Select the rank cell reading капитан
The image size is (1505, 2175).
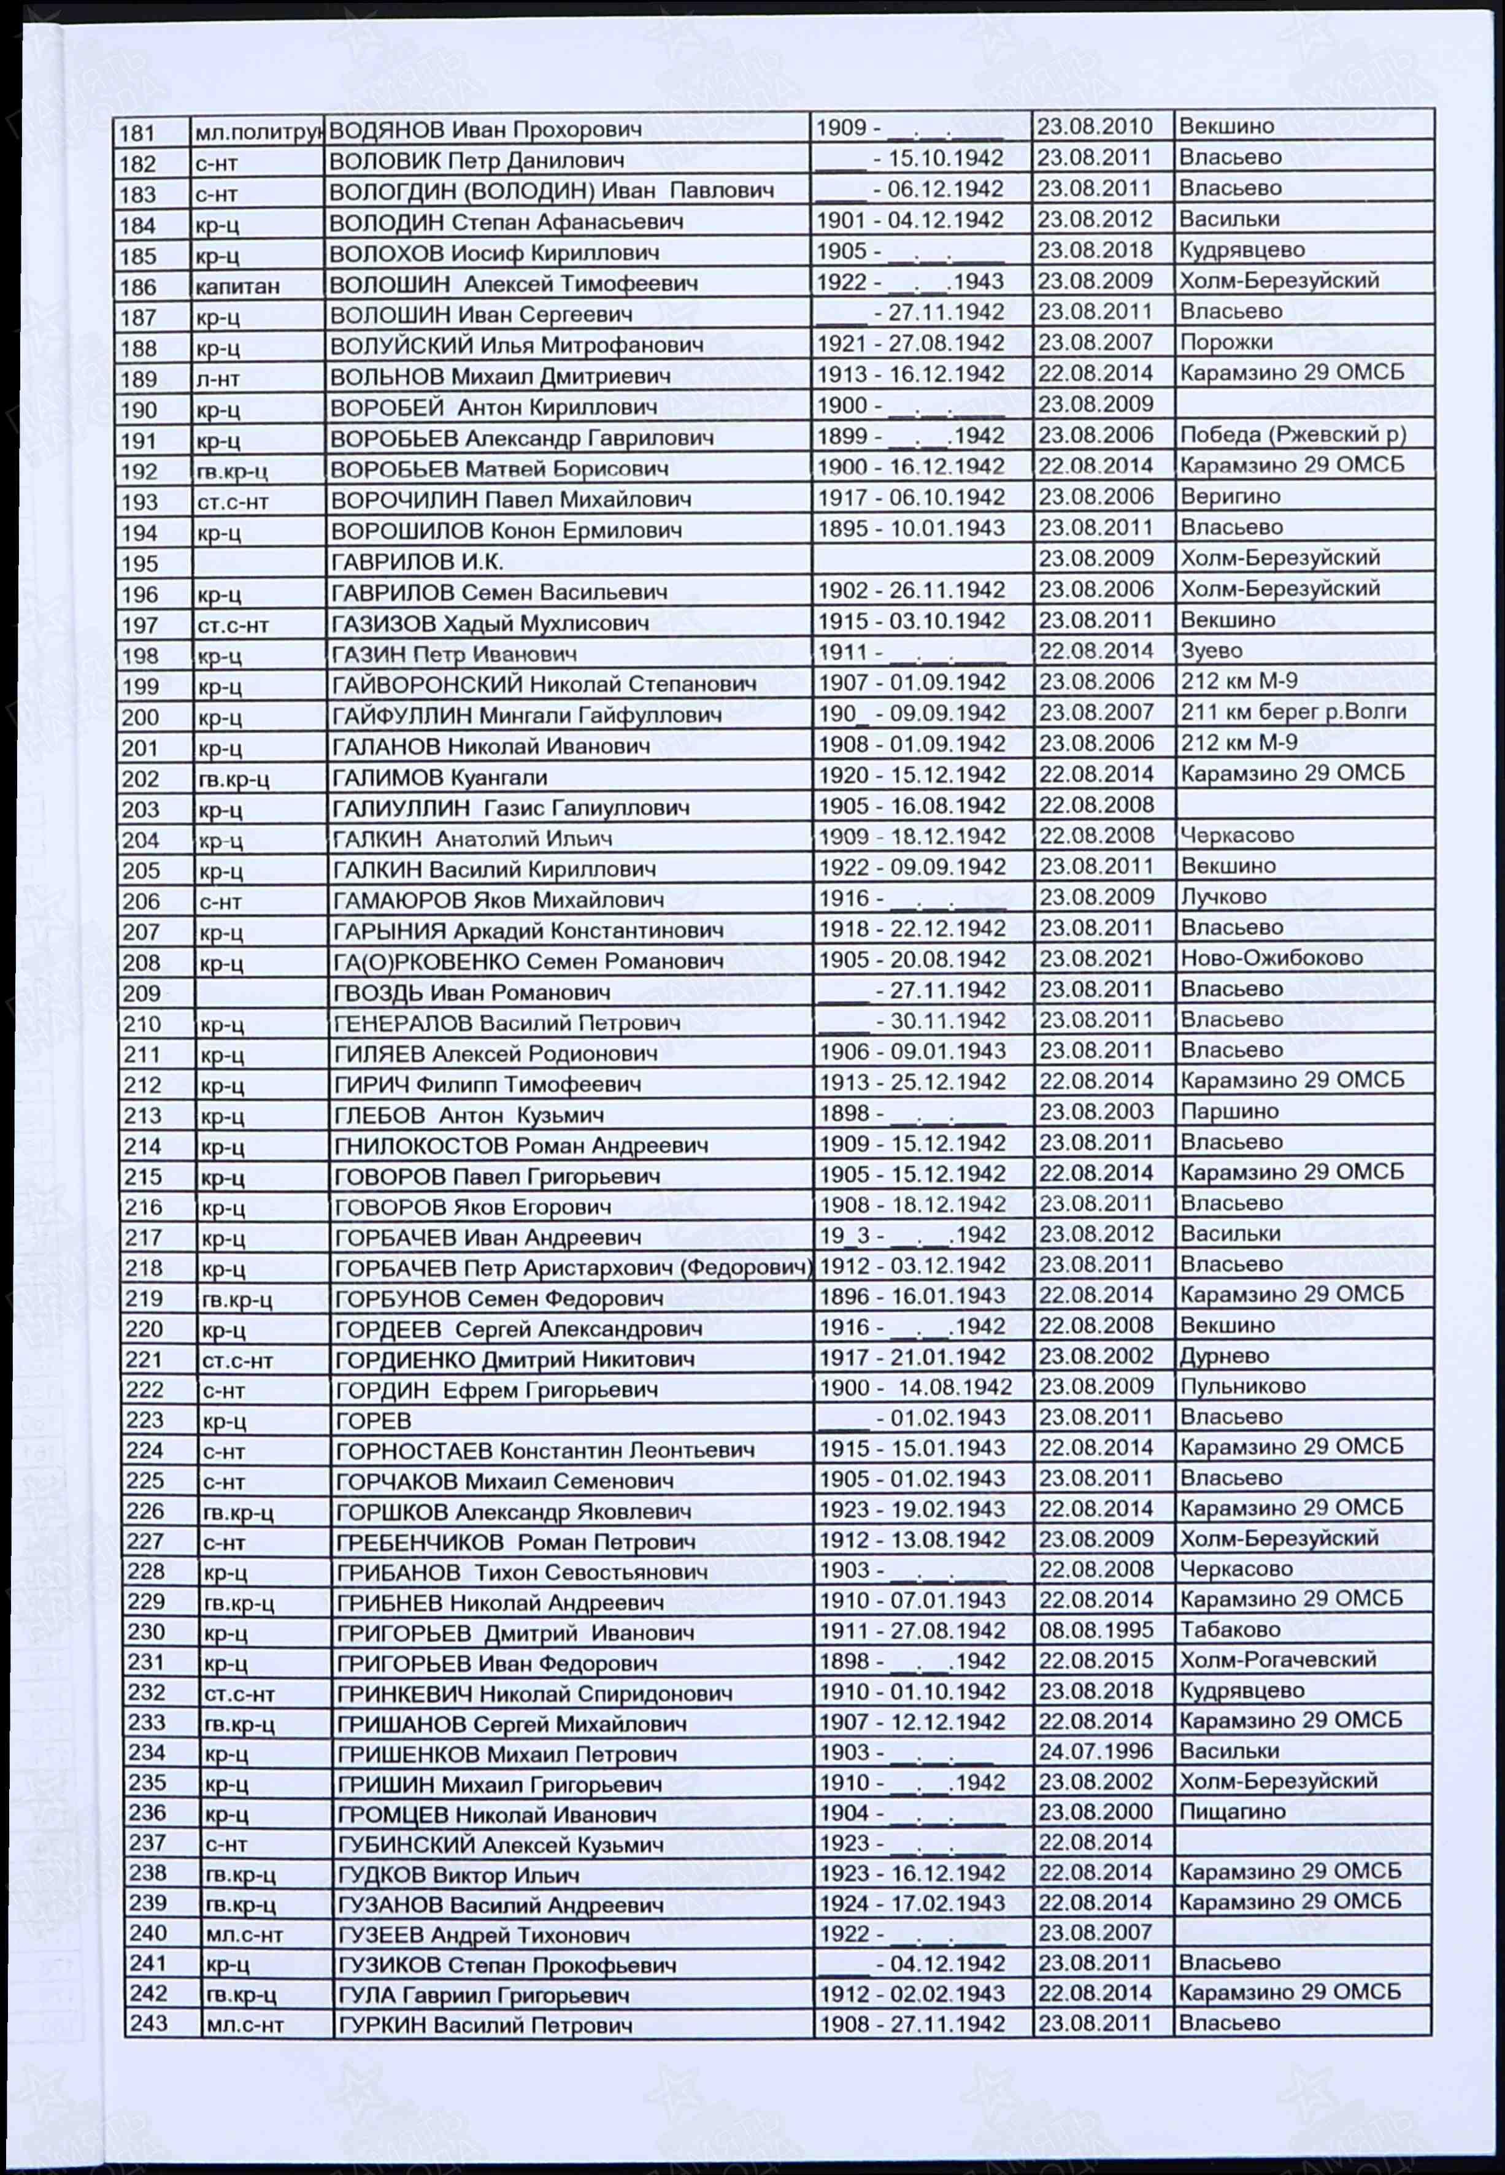click(237, 287)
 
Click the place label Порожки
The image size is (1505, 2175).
click(1225, 342)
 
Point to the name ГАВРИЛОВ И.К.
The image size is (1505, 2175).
click(418, 563)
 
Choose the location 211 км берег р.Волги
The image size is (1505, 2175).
click(1293, 712)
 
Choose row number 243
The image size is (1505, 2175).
click(148, 2023)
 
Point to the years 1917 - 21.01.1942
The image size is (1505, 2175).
click(912, 1358)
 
